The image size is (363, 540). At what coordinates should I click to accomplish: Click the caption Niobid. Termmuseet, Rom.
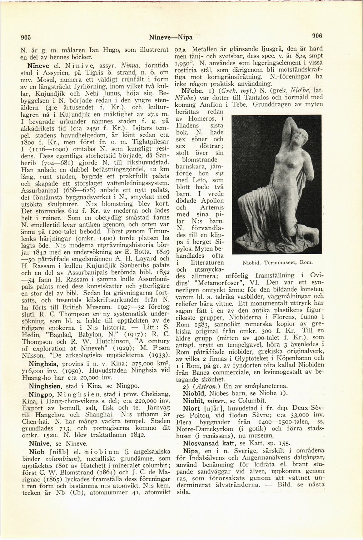pyautogui.click(x=278, y=263)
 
